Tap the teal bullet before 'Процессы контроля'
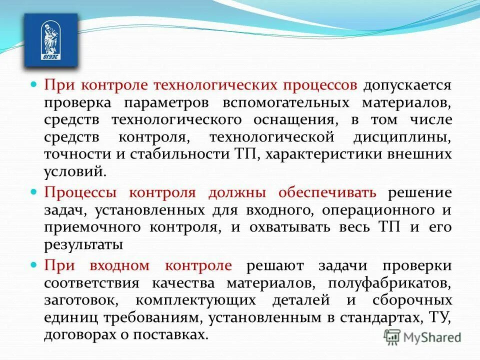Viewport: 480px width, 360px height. (34, 191)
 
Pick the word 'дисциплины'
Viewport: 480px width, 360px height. (408, 137)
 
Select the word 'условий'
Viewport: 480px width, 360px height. (74, 171)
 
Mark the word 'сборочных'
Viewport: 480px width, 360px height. (412, 300)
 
